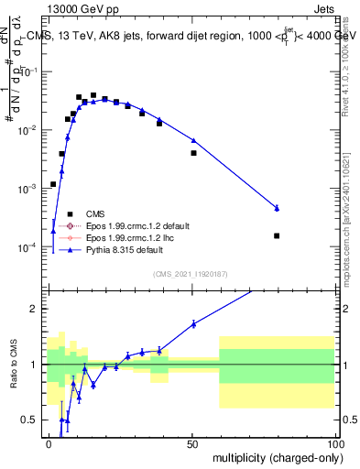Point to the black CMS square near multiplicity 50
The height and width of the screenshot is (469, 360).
click(193, 153)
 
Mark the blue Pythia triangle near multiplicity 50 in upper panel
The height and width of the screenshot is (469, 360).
click(193, 140)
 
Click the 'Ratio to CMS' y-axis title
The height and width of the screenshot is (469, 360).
click(12, 365)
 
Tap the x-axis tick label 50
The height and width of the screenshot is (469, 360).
click(191, 442)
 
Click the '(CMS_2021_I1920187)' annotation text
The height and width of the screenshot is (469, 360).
click(190, 274)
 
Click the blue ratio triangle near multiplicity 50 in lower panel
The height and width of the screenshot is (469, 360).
click(193, 323)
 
